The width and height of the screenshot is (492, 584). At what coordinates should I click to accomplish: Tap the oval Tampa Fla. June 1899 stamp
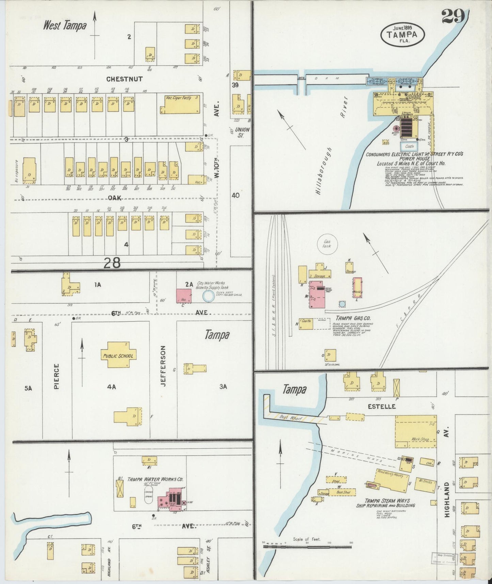[x=403, y=34]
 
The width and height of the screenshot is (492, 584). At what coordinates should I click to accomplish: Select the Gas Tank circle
[x=327, y=244]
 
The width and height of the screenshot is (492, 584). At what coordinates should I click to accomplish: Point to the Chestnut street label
[x=124, y=79]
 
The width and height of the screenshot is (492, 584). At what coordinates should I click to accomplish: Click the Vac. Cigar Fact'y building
[x=180, y=104]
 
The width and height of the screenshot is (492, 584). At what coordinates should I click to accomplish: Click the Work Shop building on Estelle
[x=415, y=431]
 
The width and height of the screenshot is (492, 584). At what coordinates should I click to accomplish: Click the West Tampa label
[x=65, y=26]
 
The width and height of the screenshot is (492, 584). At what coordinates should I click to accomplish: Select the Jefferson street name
[x=163, y=366]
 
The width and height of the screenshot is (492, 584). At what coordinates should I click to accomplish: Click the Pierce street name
[x=57, y=376]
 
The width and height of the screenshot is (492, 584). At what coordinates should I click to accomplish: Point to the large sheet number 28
[x=112, y=262]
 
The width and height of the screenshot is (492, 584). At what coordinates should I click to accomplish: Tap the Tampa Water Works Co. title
[x=155, y=479]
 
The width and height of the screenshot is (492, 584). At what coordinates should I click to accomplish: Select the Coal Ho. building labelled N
[x=306, y=324]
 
